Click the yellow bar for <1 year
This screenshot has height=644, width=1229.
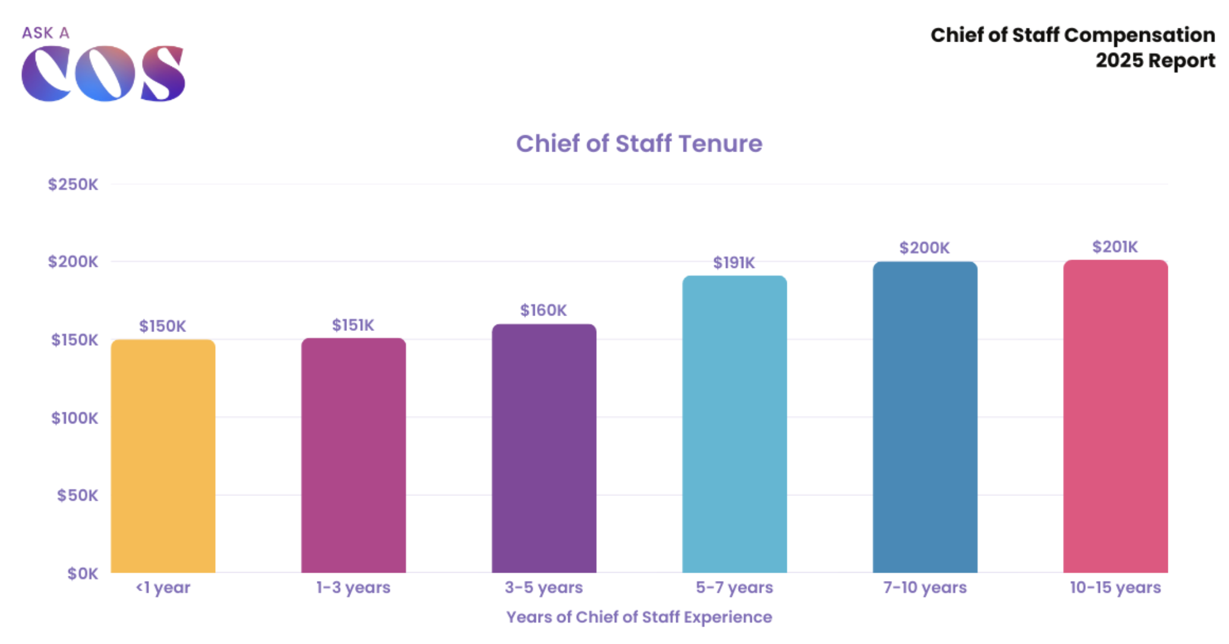(x=163, y=456)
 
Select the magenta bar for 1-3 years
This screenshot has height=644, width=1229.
(x=354, y=455)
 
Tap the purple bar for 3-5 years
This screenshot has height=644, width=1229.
(x=544, y=448)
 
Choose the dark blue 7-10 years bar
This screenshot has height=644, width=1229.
(x=925, y=417)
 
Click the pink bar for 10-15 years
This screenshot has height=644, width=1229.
(x=1115, y=416)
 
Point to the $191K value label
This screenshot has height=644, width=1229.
(x=734, y=263)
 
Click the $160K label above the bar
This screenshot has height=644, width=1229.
(x=543, y=310)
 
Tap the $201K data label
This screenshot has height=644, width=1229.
(x=1115, y=247)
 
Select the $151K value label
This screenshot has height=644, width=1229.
(x=353, y=325)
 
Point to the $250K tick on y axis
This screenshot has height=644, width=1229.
(x=73, y=184)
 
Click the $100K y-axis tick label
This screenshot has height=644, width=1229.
(x=74, y=418)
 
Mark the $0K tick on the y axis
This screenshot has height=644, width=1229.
(x=82, y=573)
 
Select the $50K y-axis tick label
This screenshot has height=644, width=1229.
(x=77, y=495)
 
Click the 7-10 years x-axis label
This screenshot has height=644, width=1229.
(x=925, y=588)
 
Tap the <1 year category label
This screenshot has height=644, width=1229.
(x=163, y=588)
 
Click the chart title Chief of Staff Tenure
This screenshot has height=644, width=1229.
(x=639, y=144)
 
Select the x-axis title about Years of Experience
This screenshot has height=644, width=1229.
(x=639, y=617)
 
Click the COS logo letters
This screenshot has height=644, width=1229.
(x=103, y=73)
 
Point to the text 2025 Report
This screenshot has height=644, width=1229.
(x=1155, y=61)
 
